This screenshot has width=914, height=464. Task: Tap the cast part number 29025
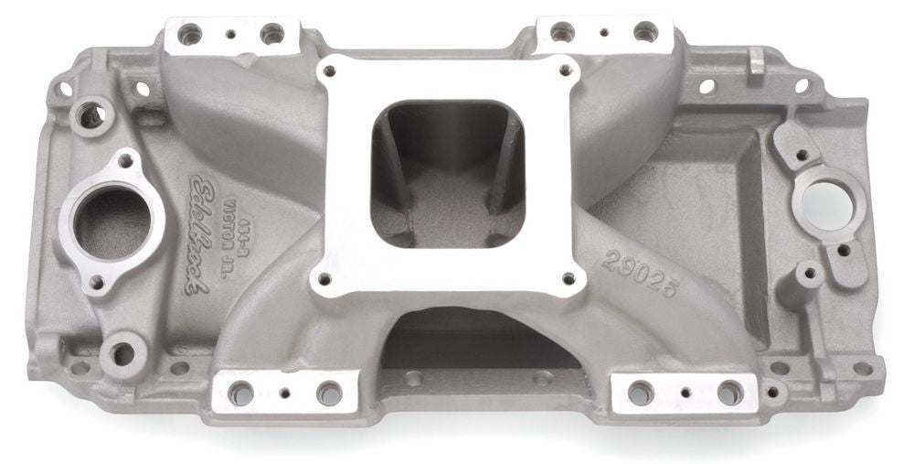(640, 274)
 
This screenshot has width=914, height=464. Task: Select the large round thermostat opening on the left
(112, 222)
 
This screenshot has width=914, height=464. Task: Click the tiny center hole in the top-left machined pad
(232, 36)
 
